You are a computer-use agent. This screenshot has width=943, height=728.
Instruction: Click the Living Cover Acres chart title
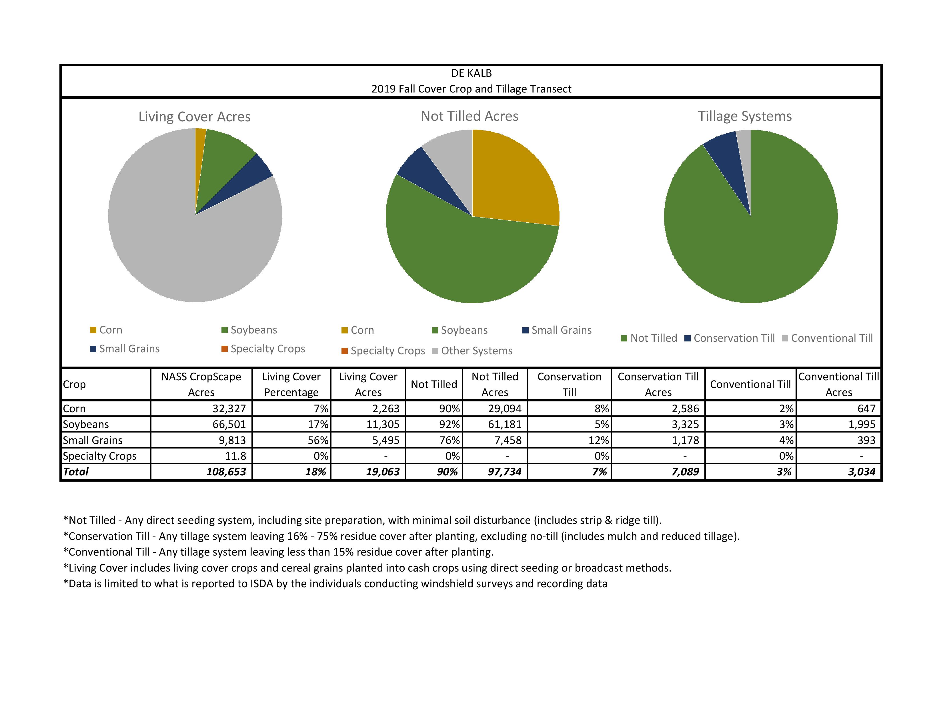pyautogui.click(x=194, y=117)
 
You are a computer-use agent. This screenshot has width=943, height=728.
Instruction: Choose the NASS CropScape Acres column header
pyautogui.click(x=201, y=384)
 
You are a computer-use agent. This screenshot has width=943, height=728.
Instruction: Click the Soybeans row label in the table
pyautogui.click(x=86, y=424)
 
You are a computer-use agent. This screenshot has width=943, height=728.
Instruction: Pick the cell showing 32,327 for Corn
pyautogui.click(x=229, y=409)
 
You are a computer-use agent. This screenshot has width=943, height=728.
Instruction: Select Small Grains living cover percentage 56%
pyautogui.click(x=318, y=440)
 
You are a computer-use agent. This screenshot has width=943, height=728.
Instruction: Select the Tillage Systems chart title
pyautogui.click(x=745, y=116)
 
